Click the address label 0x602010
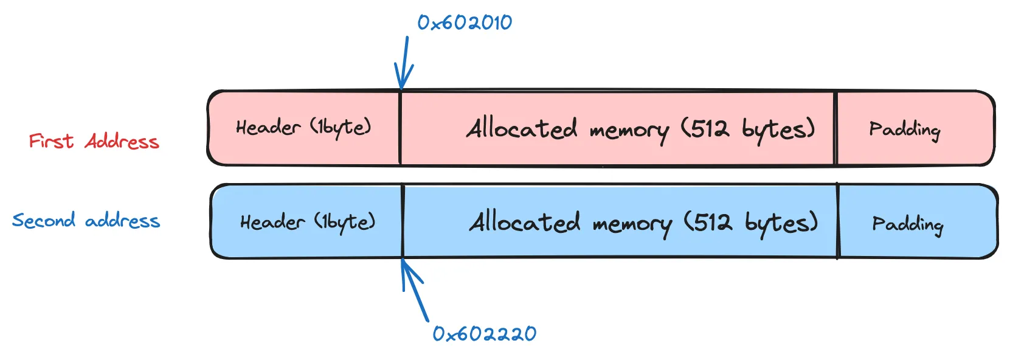pyautogui.click(x=465, y=23)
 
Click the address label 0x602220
pyautogui.click(x=484, y=334)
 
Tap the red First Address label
pyautogui.click(x=94, y=142)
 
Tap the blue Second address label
pyautogui.click(x=86, y=220)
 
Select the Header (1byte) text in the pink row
pyautogui.click(x=303, y=127)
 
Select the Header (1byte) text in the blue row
pyautogui.click(x=307, y=222)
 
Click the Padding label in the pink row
pyautogui.click(x=904, y=130)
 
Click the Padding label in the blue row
pyautogui.click(x=907, y=224)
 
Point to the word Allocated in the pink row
pyautogui.click(x=522, y=128)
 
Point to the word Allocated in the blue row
pyautogui.click(x=525, y=222)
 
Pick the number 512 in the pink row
pyautogui.click(x=710, y=128)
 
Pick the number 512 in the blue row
pyautogui.click(x=713, y=223)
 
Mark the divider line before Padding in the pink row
pyautogui.click(x=836, y=128)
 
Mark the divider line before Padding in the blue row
pyautogui.click(x=838, y=222)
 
